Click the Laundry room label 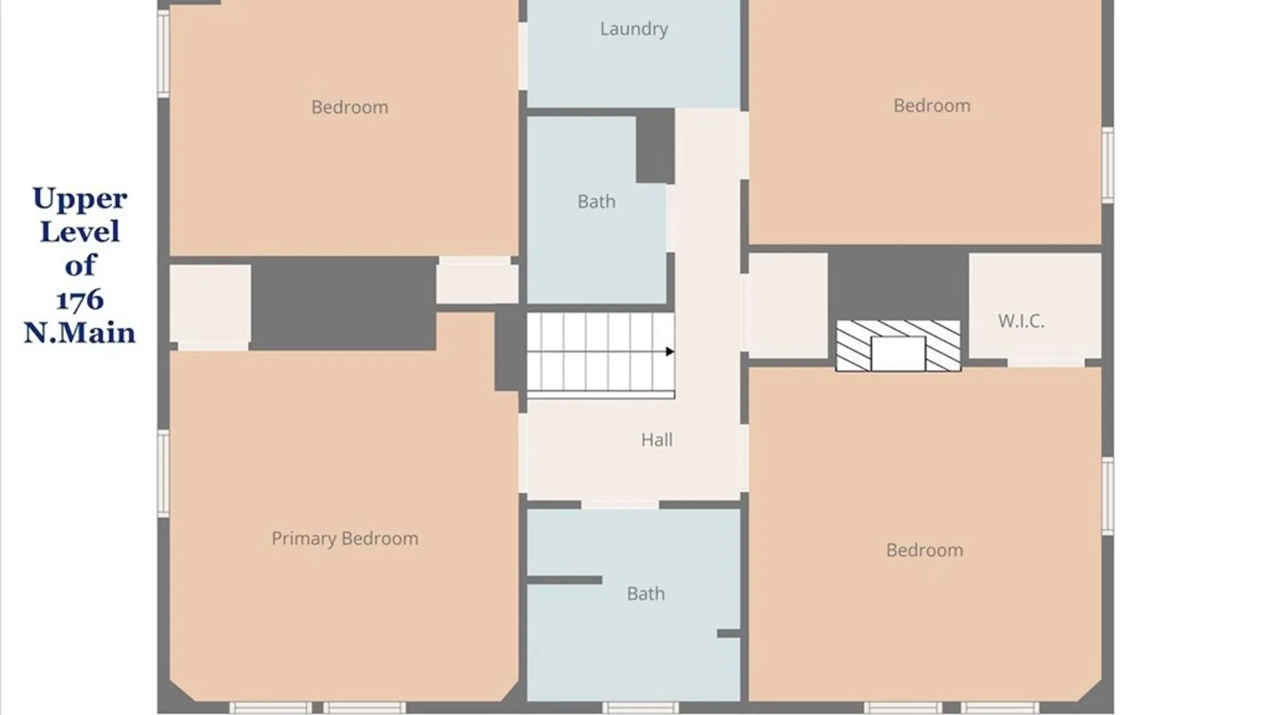pos(634,29)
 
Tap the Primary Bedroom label pos(345,539)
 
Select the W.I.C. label pos(1021,321)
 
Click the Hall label pos(657,440)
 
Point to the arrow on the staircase pos(670,352)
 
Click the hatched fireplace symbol pos(898,346)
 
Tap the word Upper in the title pos(80,199)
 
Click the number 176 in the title pos(80,300)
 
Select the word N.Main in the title pos(79,332)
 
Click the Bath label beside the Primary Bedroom pos(646,593)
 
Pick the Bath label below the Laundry pos(596,201)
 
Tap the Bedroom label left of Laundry pos(349,107)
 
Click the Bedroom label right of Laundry pos(931,105)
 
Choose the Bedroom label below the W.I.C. pos(924,550)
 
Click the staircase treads pos(601,352)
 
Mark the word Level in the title pos(80,232)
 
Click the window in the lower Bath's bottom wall pos(640,708)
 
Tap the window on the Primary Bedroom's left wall pos(163,473)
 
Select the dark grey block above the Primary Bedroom pos(343,303)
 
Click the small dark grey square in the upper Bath pos(655,146)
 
